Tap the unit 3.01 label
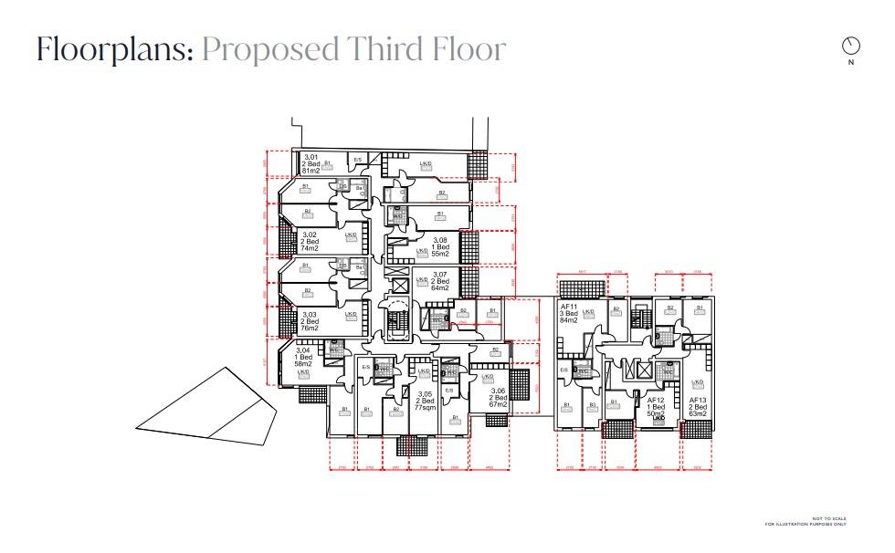[311, 157]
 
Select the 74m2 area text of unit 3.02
[311, 248]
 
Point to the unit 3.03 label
[311, 314]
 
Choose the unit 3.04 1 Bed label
[302, 357]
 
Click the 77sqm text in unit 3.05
[425, 408]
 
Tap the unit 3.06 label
[498, 390]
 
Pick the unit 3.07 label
[439, 275]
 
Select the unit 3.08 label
[440, 241]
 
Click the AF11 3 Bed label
[571, 312]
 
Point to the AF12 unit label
[656, 400]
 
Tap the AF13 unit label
[698, 400]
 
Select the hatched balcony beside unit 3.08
[469, 246]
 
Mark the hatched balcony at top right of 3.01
[479, 165]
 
